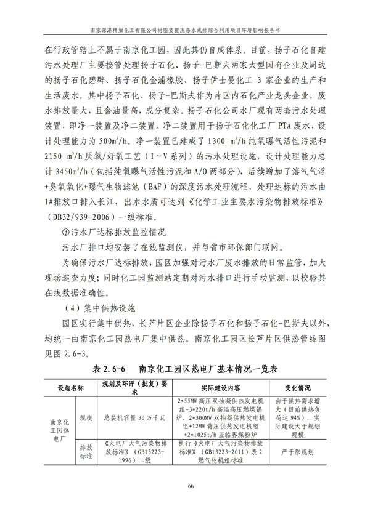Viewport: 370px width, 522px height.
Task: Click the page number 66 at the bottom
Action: coord(184,488)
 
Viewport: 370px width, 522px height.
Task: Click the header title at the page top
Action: coord(184,28)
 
